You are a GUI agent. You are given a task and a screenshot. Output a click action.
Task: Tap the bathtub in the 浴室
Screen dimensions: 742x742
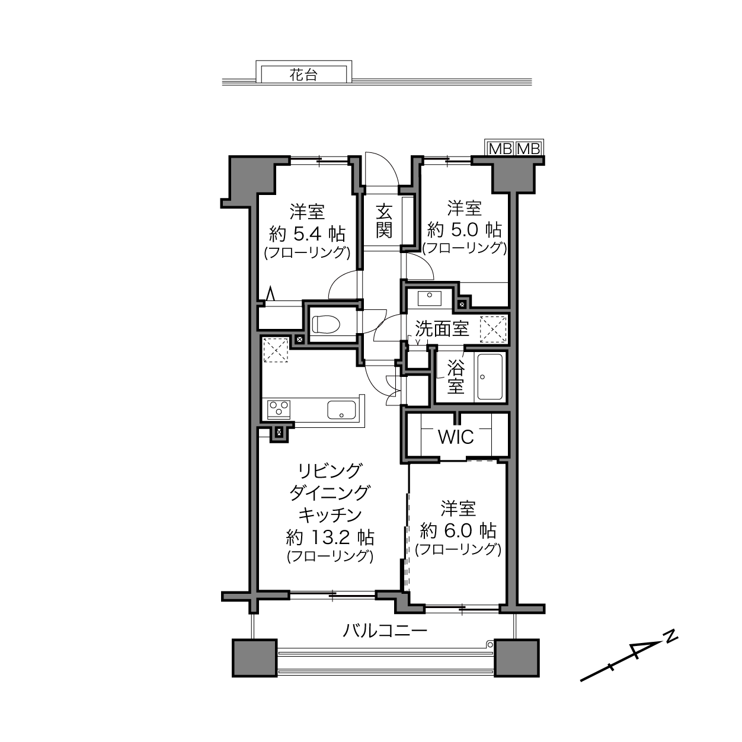(490, 376)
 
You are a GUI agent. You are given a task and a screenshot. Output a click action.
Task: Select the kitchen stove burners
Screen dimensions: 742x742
(279, 409)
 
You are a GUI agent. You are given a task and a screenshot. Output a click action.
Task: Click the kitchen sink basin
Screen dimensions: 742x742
(341, 410)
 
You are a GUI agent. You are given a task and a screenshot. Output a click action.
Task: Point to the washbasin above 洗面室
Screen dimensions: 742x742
(429, 299)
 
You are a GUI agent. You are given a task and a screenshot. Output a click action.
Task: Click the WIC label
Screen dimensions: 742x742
(456, 437)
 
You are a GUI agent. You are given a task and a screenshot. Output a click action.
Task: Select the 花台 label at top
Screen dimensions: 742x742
(303, 75)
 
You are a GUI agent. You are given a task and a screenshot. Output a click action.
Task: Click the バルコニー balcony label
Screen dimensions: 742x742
(385, 631)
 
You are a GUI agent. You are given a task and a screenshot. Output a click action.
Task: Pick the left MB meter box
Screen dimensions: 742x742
(500, 149)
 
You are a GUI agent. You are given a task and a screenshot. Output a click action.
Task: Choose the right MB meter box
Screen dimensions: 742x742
(529, 149)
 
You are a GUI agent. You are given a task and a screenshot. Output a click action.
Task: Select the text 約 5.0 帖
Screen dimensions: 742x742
(465, 230)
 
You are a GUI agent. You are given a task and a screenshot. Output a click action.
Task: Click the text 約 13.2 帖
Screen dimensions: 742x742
(330, 537)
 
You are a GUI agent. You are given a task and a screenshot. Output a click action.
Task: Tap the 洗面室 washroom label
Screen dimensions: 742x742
(442, 329)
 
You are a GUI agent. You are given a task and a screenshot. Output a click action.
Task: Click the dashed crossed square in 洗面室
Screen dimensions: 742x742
(493, 330)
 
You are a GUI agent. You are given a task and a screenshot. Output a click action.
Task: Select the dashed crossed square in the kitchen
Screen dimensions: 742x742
(276, 350)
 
